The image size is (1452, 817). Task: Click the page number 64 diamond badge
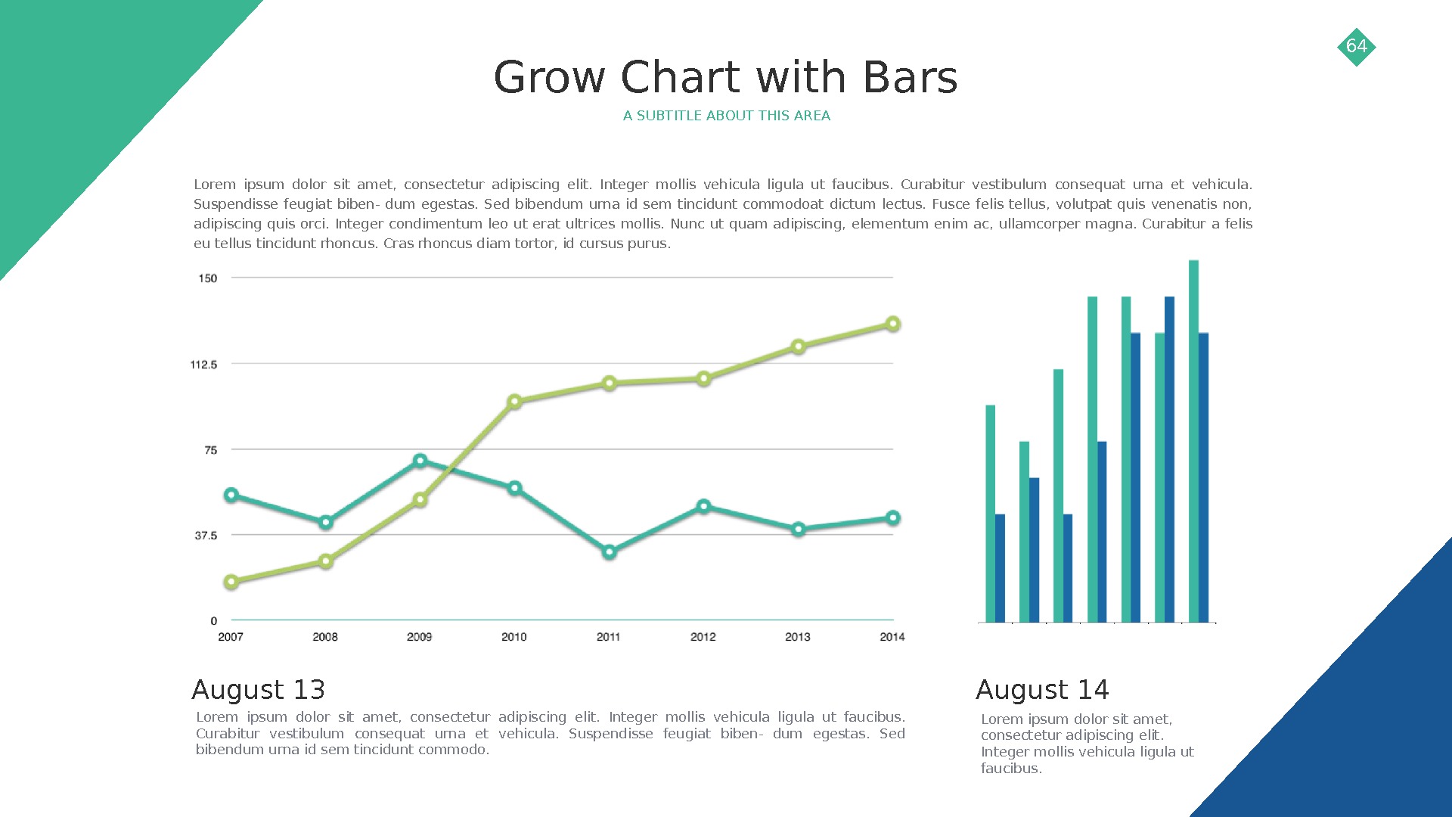(1356, 47)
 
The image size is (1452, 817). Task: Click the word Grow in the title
(549, 78)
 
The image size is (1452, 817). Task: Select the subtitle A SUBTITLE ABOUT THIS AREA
(726, 116)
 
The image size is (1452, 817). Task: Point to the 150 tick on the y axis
(207, 278)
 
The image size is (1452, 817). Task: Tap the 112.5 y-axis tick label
(203, 365)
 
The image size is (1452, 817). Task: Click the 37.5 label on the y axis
(206, 536)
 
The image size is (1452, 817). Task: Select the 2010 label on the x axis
(513, 637)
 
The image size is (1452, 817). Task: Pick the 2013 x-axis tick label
(797, 637)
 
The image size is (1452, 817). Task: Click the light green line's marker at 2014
(892, 324)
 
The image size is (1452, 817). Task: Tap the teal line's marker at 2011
(610, 552)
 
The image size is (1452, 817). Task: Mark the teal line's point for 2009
(420, 461)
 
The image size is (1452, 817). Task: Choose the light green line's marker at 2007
(231, 582)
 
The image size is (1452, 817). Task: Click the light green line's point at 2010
(514, 402)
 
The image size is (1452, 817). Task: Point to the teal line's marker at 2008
(326, 522)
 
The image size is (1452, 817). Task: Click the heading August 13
(258, 690)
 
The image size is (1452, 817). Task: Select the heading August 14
(1042, 690)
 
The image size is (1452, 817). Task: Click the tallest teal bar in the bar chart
(1193, 439)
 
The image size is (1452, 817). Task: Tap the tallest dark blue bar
(1169, 458)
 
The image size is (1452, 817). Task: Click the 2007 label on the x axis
(231, 637)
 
